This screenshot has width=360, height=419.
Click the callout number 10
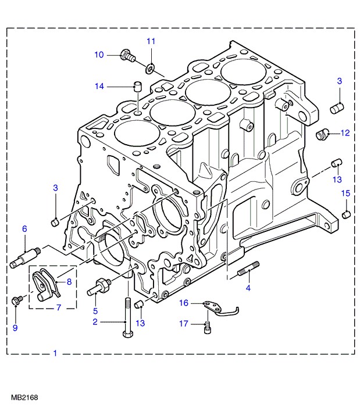pos(99,55)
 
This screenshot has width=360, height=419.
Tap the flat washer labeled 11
pos(149,69)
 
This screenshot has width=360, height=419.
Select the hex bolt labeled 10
pos(127,55)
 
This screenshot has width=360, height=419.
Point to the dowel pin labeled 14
pos(138,87)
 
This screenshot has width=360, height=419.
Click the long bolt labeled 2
pos(128,317)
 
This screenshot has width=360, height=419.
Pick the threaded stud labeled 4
pos(248,268)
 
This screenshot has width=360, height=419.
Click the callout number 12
pos(345,133)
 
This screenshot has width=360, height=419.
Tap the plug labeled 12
pos(322,134)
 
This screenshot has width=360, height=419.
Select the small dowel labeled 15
pos(347,214)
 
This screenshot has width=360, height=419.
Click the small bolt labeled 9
pos(17,300)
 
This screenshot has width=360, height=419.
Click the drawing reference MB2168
pos(24,397)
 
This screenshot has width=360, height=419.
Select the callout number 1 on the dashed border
pos(55,353)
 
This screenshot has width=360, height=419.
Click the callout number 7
pos(59,307)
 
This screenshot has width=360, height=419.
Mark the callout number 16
pos(184,303)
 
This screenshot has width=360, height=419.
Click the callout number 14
pos(99,87)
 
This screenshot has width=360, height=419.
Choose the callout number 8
pos(69,282)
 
